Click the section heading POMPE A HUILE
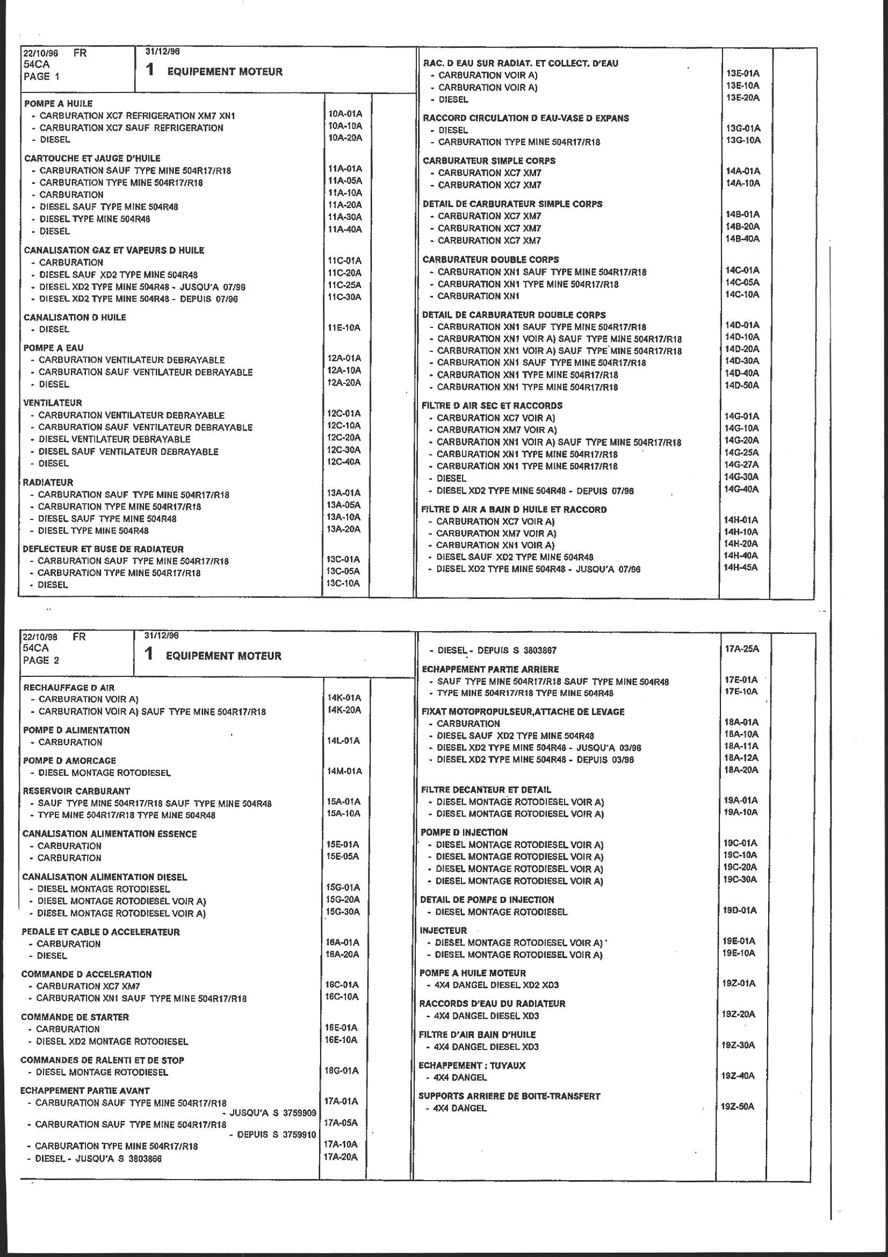tap(59, 103)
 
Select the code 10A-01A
tap(345, 114)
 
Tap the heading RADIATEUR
tap(48, 482)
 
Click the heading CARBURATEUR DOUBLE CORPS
tap(491, 260)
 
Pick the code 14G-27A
tap(741, 465)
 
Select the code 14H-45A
tap(740, 567)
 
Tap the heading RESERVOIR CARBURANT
tap(77, 790)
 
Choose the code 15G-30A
tap(343, 911)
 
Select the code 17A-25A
tap(741, 649)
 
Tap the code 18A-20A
tap(741, 770)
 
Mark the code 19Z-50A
tap(738, 1106)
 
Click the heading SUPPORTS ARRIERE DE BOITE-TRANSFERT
tap(509, 1096)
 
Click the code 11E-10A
tap(344, 327)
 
